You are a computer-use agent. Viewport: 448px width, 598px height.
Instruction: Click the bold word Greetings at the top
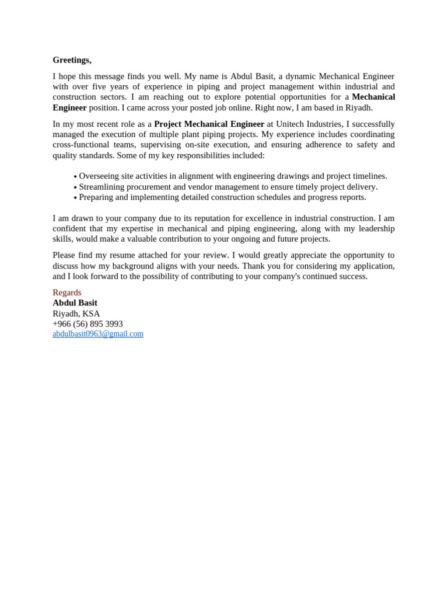pos(72,60)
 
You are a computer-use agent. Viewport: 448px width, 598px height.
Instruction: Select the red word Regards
pos(67,292)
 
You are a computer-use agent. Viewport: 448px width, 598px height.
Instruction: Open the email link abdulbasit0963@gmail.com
pos(98,334)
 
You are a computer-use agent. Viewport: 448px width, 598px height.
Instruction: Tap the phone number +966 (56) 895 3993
pos(87,324)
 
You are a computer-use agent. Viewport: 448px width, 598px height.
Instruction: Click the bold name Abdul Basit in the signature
pos(75,303)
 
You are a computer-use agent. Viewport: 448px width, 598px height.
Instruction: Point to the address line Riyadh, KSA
pos(76,313)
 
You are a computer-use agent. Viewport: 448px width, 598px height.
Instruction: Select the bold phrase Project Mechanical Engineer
pos(209,124)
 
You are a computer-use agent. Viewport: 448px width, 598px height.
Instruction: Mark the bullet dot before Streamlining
pos(75,187)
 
